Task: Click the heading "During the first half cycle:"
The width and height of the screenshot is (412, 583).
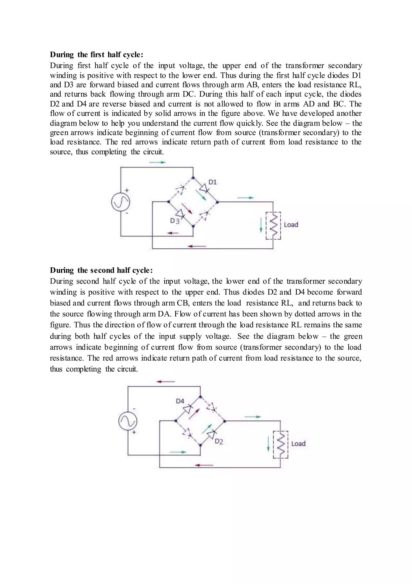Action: (x=97, y=55)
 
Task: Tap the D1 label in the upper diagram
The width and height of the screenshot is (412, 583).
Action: (x=213, y=182)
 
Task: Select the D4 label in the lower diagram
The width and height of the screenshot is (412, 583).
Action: (x=180, y=401)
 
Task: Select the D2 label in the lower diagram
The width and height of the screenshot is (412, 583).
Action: (x=219, y=442)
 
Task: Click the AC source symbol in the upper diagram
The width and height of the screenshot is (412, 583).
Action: (x=121, y=202)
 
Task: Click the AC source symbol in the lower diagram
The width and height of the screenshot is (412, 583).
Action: (x=128, y=421)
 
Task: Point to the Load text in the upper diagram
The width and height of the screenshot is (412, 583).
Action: (x=291, y=225)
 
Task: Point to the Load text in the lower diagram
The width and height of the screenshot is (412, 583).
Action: (x=298, y=444)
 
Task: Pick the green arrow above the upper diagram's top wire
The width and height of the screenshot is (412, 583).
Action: (x=157, y=162)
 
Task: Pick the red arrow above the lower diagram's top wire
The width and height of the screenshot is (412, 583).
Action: (x=166, y=382)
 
